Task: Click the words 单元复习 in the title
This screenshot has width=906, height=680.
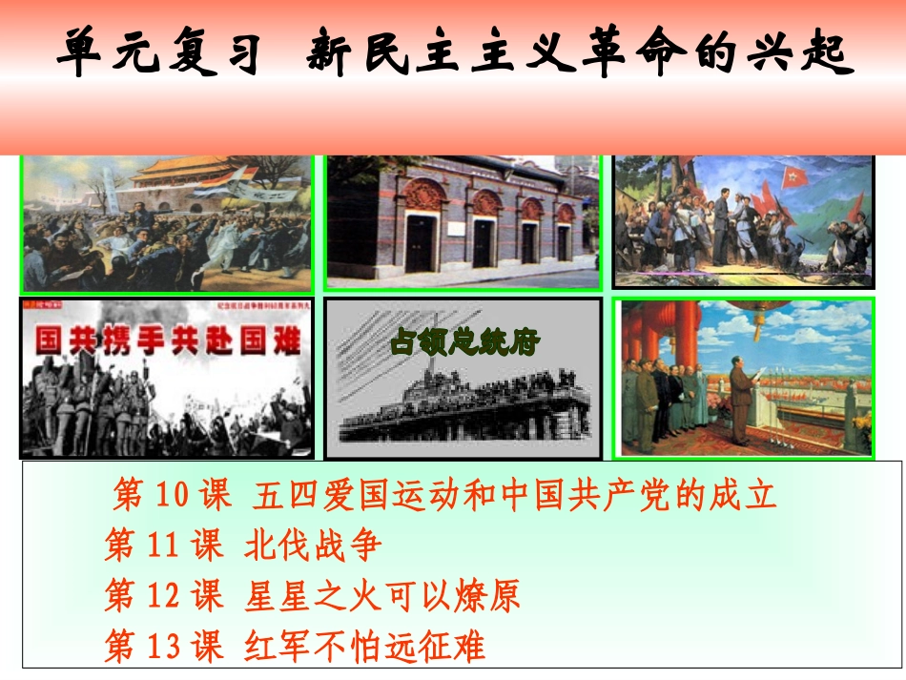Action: point(158,52)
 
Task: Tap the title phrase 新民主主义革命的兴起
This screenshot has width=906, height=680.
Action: point(578,52)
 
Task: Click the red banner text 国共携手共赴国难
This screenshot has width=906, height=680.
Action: point(166,340)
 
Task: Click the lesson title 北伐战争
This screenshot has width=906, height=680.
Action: point(312,546)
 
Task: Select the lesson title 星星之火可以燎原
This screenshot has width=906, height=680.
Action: point(381,596)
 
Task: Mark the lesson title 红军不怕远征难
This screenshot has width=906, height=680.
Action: point(364,647)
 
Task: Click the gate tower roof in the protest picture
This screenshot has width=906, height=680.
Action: point(181,172)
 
